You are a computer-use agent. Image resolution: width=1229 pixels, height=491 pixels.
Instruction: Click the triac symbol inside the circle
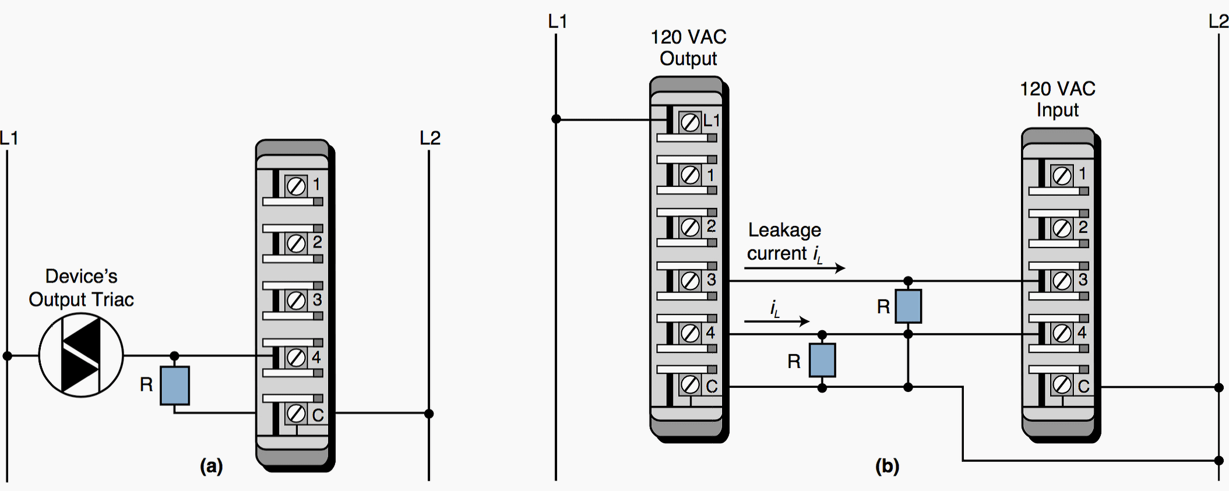[81, 355]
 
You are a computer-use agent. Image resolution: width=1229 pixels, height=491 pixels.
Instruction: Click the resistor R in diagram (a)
[175, 385]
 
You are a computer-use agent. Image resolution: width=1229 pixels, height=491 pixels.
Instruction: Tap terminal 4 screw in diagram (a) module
[296, 357]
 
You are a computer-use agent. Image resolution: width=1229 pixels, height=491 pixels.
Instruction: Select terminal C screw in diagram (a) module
[296, 414]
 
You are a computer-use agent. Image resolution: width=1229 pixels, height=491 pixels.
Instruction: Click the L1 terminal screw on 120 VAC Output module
[690, 122]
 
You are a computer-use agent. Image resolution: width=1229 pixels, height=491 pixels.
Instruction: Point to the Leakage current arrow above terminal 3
[794, 268]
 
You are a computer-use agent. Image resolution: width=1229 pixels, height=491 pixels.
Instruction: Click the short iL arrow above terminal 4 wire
[776, 321]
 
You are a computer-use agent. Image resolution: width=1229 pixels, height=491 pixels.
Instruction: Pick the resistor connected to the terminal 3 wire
[908, 306]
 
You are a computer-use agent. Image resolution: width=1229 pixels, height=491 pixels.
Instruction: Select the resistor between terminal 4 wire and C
[822, 360]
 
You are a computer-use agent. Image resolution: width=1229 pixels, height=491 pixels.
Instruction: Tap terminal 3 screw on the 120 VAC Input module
[1062, 281]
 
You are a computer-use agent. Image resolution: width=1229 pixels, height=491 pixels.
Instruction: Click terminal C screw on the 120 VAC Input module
[1062, 385]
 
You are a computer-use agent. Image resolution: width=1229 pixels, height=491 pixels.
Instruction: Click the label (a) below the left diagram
[211, 466]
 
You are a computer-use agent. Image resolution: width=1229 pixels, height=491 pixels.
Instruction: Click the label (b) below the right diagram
[887, 466]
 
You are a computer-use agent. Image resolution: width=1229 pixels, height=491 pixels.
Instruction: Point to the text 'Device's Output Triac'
[82, 288]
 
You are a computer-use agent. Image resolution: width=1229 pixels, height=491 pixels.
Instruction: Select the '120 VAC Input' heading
[1058, 99]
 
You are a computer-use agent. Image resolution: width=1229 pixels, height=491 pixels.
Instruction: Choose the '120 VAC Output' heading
[688, 48]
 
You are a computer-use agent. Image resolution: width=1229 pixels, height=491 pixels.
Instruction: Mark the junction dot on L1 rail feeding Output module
[556, 119]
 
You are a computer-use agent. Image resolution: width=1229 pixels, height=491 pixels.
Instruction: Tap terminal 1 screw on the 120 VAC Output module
[690, 175]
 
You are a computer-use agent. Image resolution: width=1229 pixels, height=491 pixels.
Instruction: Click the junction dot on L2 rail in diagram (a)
[429, 414]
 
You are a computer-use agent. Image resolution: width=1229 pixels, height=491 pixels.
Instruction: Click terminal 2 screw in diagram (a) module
[296, 243]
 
